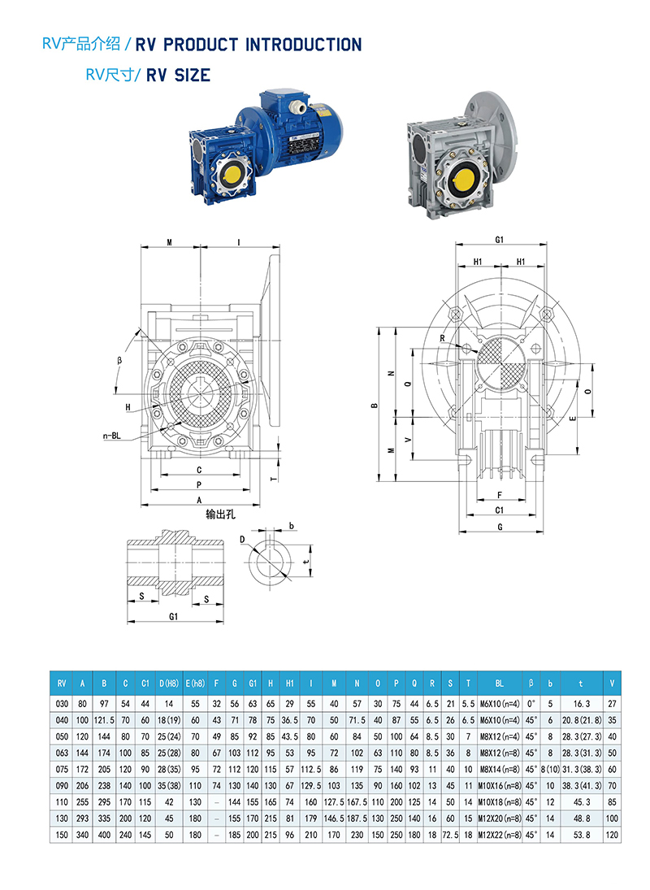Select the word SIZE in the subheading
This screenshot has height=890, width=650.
point(193,76)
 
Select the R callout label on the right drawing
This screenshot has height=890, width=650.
point(442,338)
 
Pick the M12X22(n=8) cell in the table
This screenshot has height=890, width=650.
point(500,833)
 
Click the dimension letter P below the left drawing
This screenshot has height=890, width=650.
point(199,484)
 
